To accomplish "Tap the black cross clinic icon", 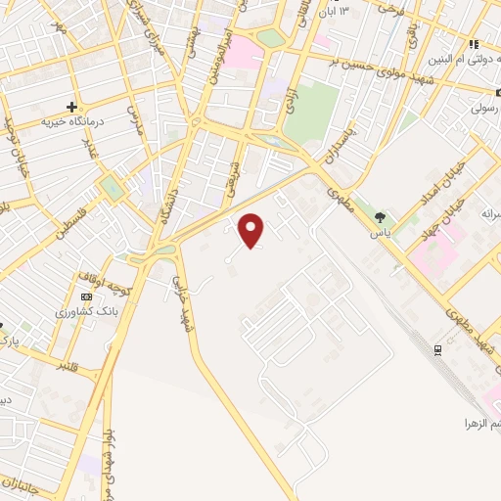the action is [x=71, y=106].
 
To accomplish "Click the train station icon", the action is [x=437, y=349].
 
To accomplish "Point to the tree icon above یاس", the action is [x=381, y=218].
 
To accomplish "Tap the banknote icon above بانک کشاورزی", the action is [x=87, y=296].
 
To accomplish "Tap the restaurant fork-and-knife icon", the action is [x=474, y=44].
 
